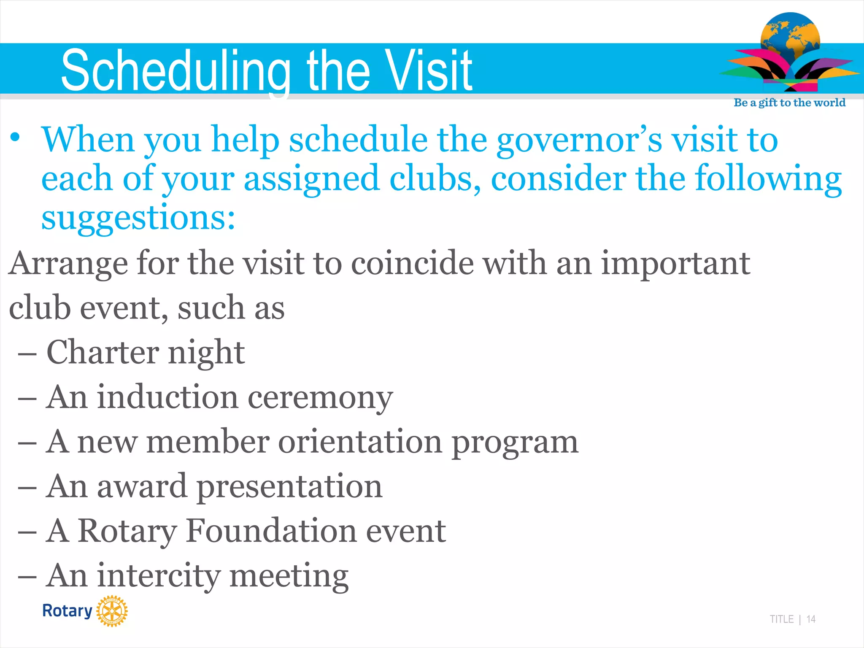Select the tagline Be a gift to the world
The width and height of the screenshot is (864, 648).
pos(789,103)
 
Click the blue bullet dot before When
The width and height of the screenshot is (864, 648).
pos(15,138)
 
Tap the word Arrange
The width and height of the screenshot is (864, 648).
pos(68,264)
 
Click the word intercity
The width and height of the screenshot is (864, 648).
pos(159,576)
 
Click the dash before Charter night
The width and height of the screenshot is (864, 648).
pos(27,354)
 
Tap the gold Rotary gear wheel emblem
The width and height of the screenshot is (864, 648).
pos(112,611)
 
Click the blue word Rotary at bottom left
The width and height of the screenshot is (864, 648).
pos(67,611)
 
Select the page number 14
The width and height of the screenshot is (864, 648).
pos(810,619)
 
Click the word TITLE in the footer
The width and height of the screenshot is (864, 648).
pos(781,619)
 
